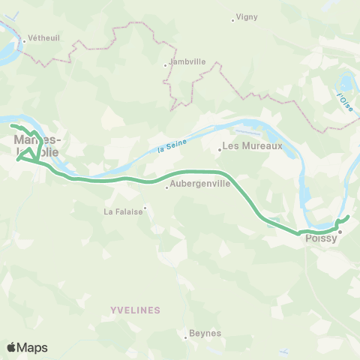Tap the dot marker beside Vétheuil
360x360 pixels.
pos(24,41)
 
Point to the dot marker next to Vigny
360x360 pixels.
pos(233,19)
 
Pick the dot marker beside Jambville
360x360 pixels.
pos(166,65)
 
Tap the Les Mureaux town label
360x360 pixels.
pos(253,145)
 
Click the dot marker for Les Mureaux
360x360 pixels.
pos(220,149)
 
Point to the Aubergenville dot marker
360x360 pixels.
pos(166,187)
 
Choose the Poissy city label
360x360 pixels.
pos(319,240)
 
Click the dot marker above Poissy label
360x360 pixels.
pos(340,232)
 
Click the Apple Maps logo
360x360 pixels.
pos(27,347)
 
